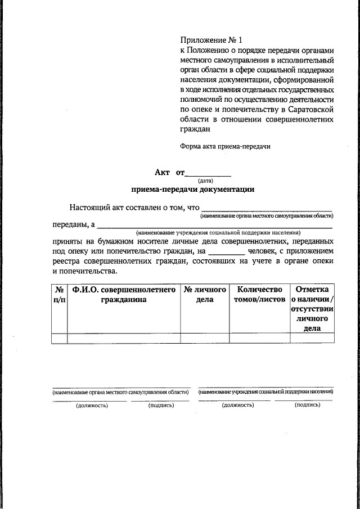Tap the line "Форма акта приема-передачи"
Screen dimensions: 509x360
click(225, 146)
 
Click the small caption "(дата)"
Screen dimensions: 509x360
click(205, 181)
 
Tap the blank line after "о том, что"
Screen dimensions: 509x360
click(267, 209)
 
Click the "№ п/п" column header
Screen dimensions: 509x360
click(58, 295)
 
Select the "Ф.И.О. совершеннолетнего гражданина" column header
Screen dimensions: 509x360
click(123, 295)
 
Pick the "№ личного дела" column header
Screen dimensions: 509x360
click(205, 295)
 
